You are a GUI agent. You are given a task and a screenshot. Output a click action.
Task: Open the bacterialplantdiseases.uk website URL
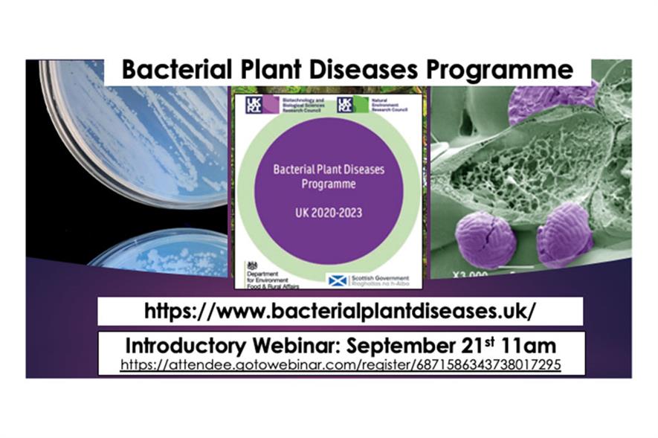[x=340, y=311]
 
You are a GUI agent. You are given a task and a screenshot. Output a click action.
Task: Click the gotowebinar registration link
[x=341, y=365]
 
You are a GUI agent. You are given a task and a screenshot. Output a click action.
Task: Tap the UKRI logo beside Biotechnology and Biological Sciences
[x=250, y=104]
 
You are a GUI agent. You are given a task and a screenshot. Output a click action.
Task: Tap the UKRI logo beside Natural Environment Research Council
[x=344, y=104]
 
